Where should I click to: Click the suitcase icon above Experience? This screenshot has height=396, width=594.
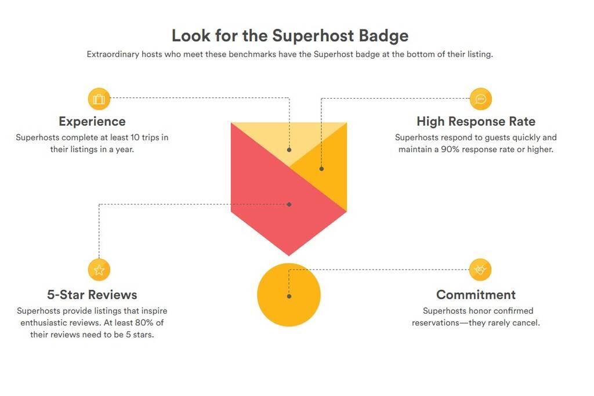tap(99, 99)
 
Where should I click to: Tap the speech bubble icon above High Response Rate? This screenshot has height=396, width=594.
tap(481, 99)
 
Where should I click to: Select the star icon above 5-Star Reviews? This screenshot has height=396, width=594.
tap(99, 270)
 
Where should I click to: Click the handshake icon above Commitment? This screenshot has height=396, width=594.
tap(480, 270)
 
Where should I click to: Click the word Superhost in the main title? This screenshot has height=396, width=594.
tap(313, 36)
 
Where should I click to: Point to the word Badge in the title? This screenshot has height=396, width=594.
tap(383, 36)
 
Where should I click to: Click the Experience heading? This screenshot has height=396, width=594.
tap(92, 122)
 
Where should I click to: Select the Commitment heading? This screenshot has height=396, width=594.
tap(476, 295)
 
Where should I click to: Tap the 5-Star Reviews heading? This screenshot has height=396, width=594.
tap(92, 295)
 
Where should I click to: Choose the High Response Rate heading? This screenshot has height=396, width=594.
tap(476, 122)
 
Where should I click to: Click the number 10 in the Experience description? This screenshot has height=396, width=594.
tap(135, 137)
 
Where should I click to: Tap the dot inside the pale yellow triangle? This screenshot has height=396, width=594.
tap(289, 150)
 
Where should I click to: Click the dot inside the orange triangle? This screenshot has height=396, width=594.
tap(321, 169)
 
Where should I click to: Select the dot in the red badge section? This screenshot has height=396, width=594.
tap(289, 205)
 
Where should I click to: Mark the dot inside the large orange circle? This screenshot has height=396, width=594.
tap(289, 296)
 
